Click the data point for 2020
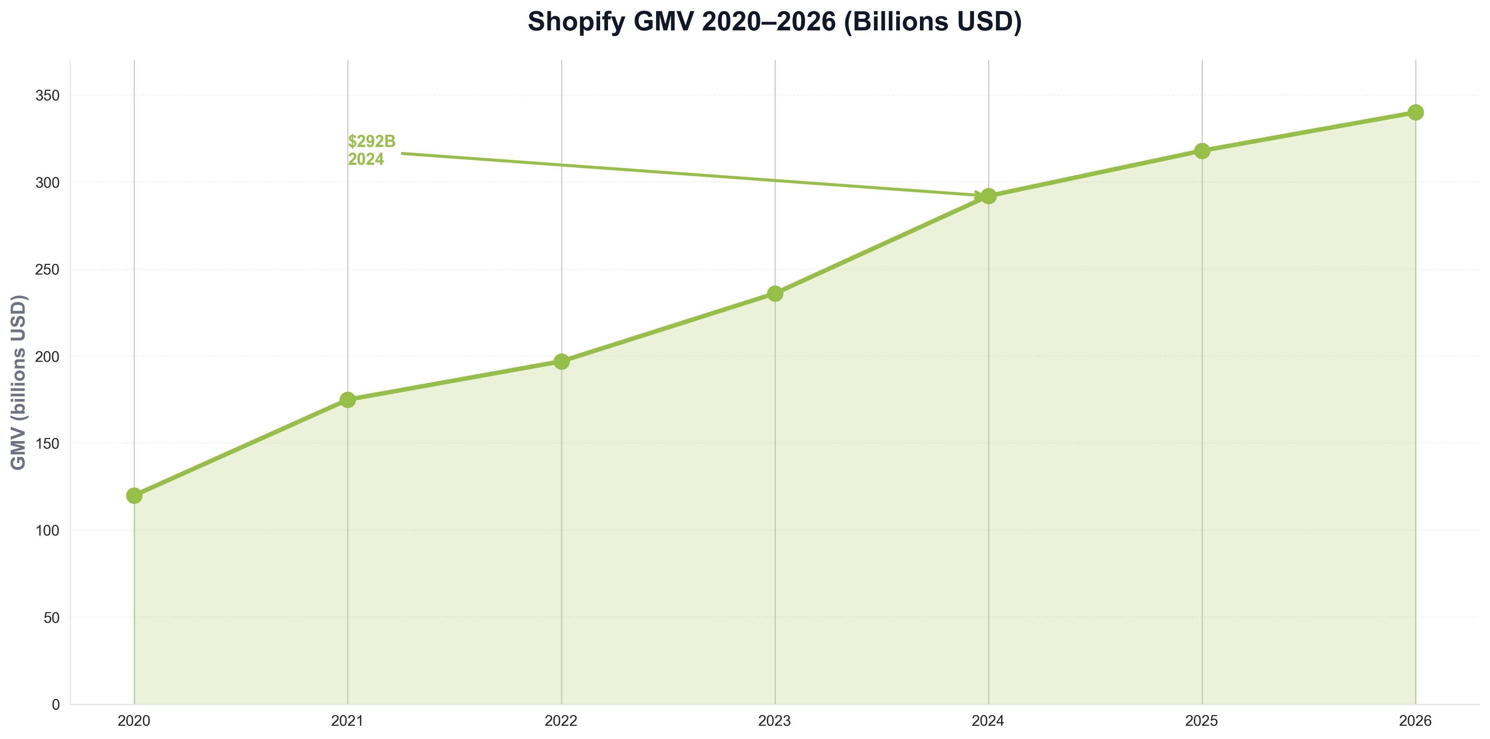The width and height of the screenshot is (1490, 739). click(x=134, y=496)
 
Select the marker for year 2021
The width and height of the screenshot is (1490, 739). click(x=348, y=400)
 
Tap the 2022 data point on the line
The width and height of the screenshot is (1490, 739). click(x=561, y=361)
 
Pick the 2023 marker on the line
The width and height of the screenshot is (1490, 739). click(x=775, y=294)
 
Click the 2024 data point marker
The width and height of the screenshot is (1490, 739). click(x=989, y=196)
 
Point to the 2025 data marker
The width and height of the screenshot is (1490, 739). click(x=1202, y=151)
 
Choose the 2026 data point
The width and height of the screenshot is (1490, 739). click(x=1415, y=112)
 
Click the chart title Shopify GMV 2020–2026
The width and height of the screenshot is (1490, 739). click(x=774, y=22)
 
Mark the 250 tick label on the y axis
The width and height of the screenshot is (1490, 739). click(x=48, y=270)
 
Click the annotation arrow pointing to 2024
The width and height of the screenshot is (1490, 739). click(x=694, y=174)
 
